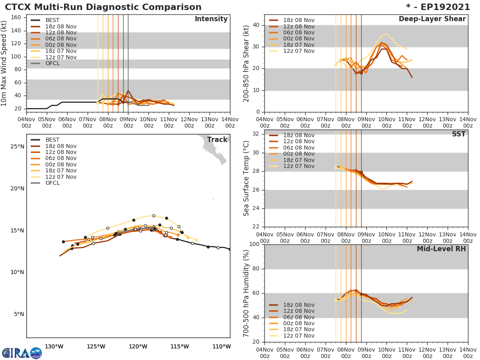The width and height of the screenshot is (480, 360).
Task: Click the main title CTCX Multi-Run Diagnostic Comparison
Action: tap(103, 7)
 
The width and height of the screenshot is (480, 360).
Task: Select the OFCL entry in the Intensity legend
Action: tap(52, 64)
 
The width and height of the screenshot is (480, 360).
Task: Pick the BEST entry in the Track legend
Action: tap(52, 140)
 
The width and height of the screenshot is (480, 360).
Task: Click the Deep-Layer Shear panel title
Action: tap(432, 19)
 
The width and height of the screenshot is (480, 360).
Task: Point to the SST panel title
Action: tap(459, 134)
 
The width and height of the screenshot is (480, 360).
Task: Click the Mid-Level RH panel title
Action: tap(441, 249)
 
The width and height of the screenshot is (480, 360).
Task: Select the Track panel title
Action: tap(217, 140)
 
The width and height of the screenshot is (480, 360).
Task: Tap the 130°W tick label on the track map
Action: tap(54, 346)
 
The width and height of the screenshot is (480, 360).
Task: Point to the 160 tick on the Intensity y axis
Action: tap(16, 18)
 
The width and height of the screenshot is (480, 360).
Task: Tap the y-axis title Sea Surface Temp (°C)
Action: tap(246, 178)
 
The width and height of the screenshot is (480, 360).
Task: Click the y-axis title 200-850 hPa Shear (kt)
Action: tap(246, 63)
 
